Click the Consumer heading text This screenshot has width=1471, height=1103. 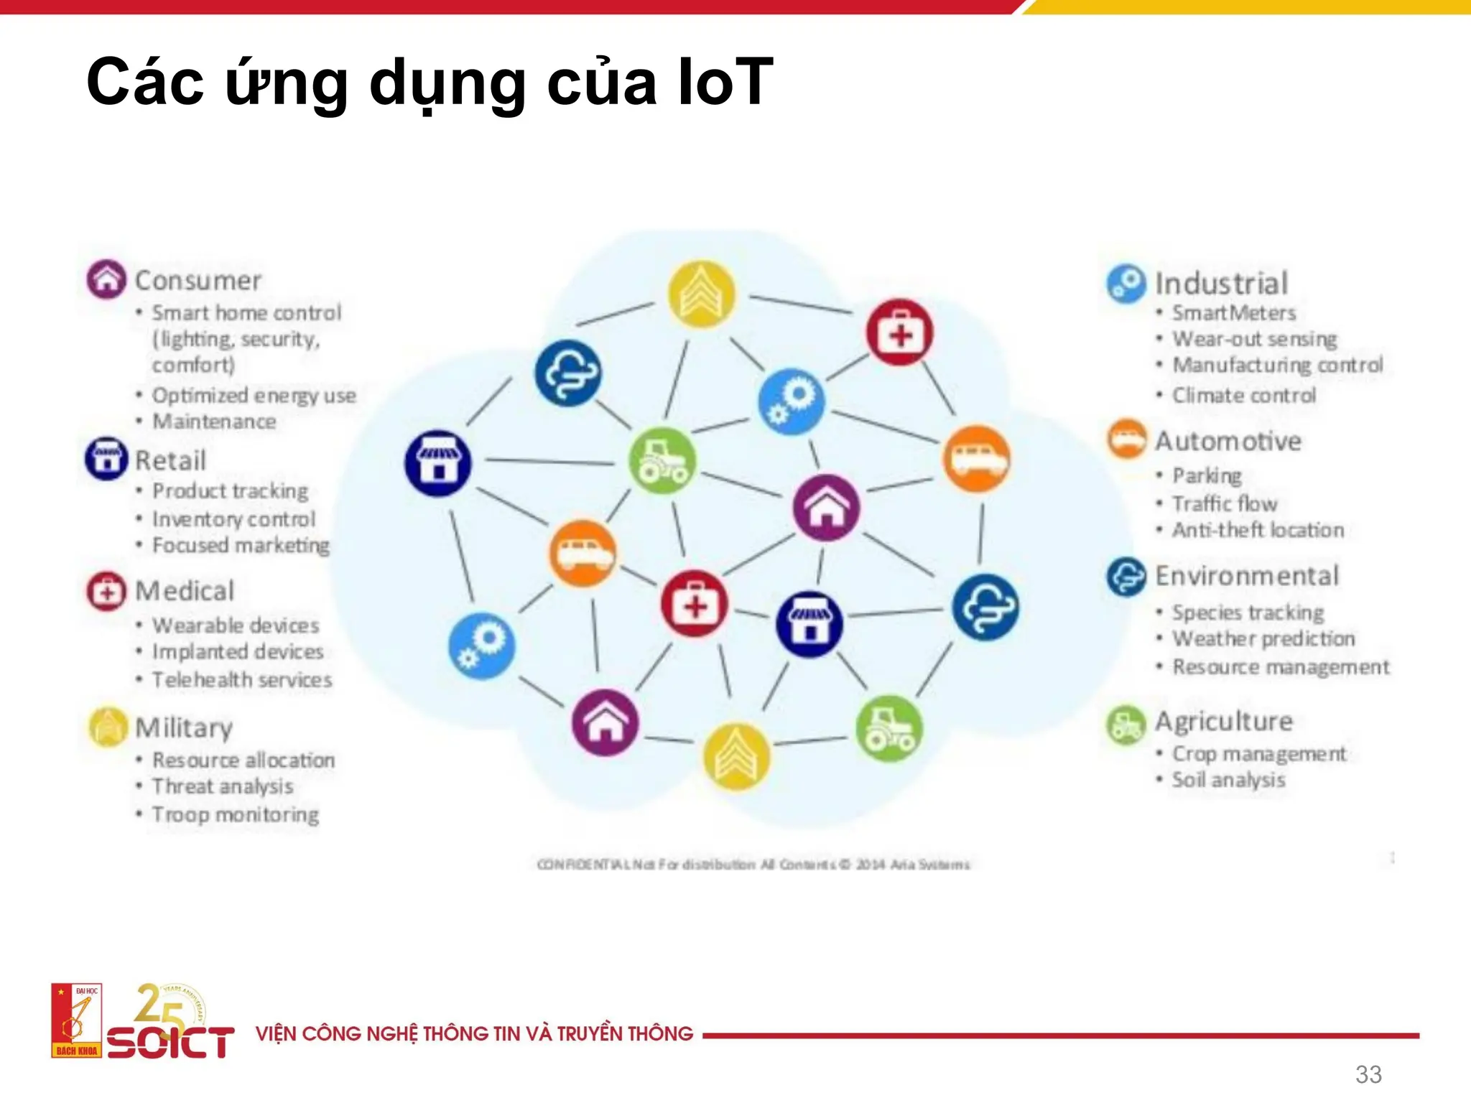198,281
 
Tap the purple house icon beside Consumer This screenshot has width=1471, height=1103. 106,279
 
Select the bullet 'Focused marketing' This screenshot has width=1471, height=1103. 241,546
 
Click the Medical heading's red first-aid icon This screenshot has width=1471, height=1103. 106,592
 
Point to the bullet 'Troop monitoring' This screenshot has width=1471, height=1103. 236,815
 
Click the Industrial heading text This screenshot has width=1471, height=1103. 1221,284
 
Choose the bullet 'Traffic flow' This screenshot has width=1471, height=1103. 1225,503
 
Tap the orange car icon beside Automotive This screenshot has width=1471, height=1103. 1126,439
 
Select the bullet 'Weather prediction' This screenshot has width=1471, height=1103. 1263,638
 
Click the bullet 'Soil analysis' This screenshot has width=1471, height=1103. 1228,780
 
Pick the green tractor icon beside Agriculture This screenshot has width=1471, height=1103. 1126,725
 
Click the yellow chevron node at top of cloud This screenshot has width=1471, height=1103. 701,294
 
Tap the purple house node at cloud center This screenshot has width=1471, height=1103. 826,507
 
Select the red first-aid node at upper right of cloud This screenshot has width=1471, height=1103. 899,332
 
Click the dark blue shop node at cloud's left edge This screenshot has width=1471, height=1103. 437,463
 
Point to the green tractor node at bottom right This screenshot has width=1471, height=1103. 889,729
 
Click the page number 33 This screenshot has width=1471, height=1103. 1368,1074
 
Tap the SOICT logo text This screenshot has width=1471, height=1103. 170,1042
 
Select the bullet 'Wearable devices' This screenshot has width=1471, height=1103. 236,625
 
